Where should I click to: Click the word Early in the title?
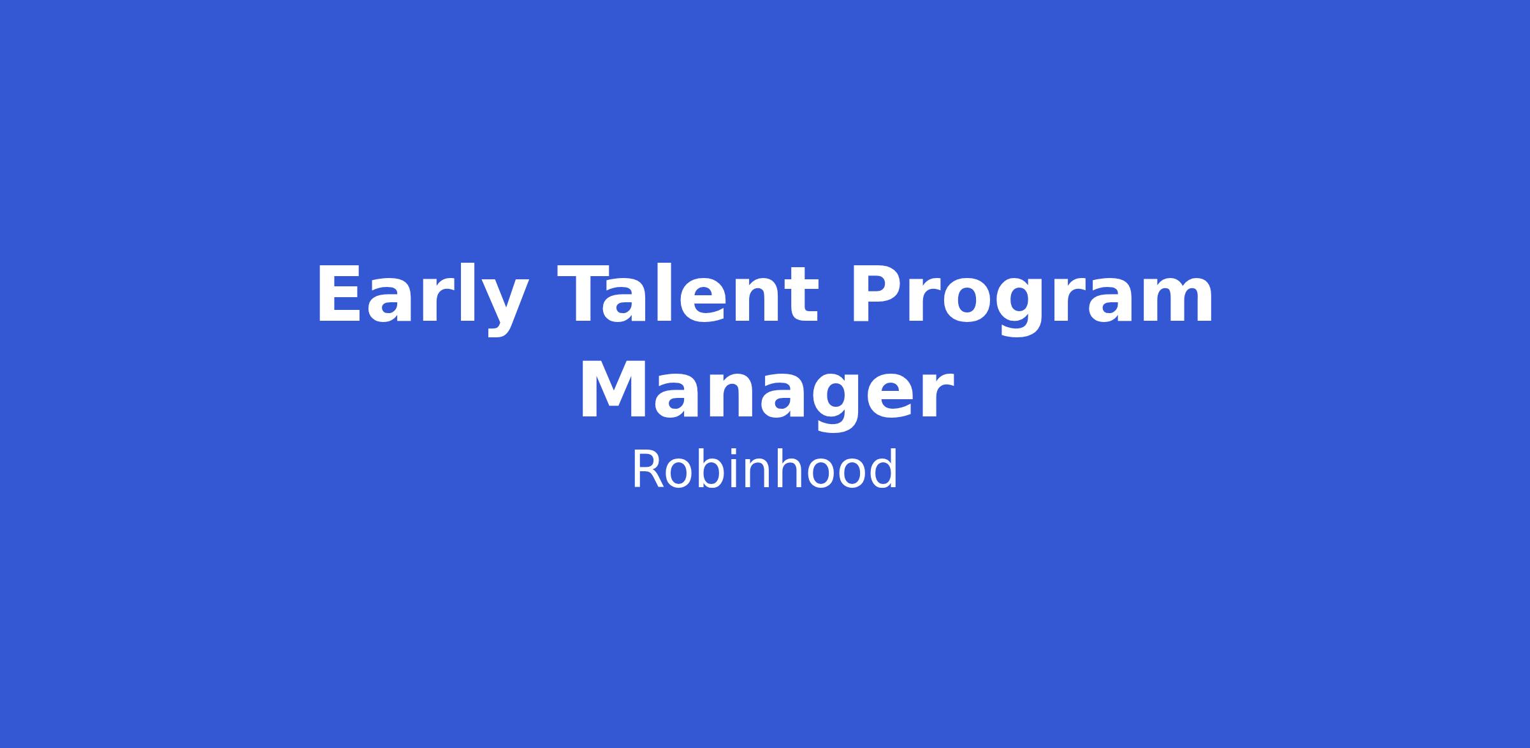point(422,299)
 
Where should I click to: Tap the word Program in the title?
point(1031,299)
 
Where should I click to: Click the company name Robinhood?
point(765,470)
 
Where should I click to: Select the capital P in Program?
point(874,294)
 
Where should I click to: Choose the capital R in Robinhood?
point(647,470)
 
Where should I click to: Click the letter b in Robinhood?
point(706,469)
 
